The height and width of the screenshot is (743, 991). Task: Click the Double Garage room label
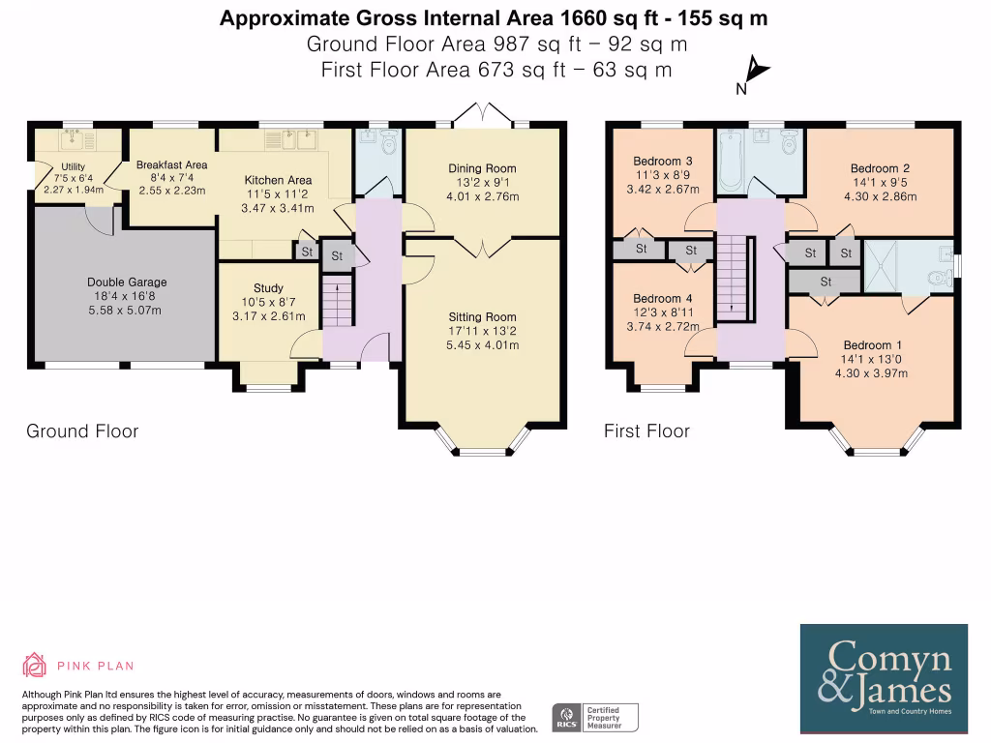(122, 282)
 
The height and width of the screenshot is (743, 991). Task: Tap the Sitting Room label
(482, 317)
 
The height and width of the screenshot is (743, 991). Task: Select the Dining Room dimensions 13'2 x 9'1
(482, 183)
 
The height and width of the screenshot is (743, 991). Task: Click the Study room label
(268, 288)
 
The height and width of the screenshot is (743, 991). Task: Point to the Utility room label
(74, 166)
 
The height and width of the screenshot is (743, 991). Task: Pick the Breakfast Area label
(171, 165)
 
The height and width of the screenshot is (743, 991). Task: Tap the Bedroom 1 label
(873, 345)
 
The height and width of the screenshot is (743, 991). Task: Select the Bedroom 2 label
(880, 168)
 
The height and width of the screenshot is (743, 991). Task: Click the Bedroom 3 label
(663, 161)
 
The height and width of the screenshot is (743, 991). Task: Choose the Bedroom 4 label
(663, 299)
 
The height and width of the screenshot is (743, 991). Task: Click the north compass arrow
(755, 73)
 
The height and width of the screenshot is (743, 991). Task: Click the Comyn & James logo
(883, 678)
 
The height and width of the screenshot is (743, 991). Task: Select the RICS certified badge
(594, 717)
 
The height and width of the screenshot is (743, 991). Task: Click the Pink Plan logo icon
(35, 665)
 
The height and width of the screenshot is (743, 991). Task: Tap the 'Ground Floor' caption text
(82, 431)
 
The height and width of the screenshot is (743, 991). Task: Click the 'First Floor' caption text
(646, 431)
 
